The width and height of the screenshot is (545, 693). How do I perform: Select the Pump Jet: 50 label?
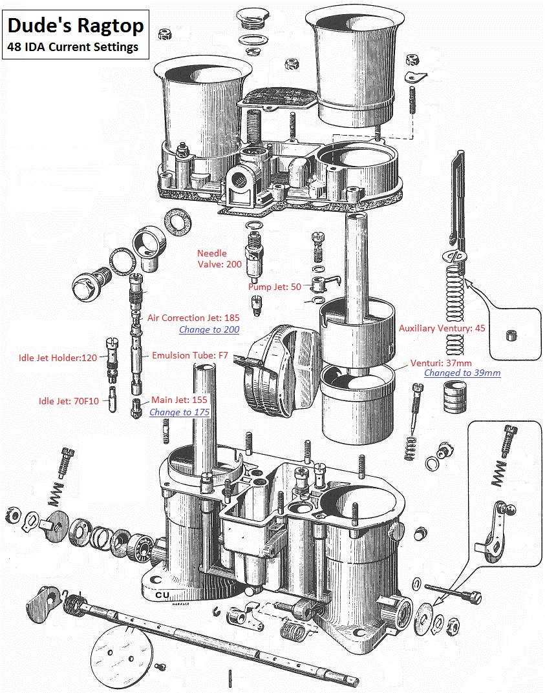(275, 286)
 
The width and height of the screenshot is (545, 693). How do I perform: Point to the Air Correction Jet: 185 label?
(193, 318)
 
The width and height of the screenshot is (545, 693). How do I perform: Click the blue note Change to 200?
(209, 329)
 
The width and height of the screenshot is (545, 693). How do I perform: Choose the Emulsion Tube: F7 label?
(190, 355)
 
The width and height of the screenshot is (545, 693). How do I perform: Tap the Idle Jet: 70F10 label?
(69, 401)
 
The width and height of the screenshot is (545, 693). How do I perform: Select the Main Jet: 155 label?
(179, 400)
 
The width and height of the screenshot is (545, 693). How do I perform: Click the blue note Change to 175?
(179, 411)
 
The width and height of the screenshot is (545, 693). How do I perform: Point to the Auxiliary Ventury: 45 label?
(442, 328)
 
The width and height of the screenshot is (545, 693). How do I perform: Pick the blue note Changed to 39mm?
(462, 373)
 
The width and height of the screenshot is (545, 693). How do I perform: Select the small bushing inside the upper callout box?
(511, 335)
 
